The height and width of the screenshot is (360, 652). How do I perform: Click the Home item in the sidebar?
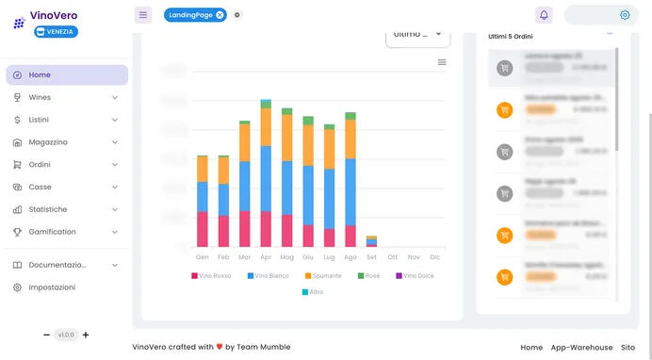[40, 74]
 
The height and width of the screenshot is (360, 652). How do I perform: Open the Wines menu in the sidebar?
[40, 97]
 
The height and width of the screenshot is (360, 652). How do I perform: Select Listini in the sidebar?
[39, 120]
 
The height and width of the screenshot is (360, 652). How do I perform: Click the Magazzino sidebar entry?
[47, 142]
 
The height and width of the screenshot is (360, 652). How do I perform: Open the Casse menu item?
[40, 187]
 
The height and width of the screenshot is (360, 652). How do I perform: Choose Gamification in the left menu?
[52, 232]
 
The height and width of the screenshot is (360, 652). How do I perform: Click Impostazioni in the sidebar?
[52, 287]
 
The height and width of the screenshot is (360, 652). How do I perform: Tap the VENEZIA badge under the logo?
[56, 31]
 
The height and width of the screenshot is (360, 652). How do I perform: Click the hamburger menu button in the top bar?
[142, 15]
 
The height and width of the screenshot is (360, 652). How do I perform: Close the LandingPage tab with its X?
[220, 15]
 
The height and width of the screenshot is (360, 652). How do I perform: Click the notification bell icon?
[544, 15]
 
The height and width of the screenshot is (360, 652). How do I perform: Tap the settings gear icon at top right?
[625, 15]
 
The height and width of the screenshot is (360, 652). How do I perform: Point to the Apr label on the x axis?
[266, 256]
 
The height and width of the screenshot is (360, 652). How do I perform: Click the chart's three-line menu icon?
[442, 62]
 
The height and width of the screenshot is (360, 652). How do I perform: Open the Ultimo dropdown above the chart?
[417, 34]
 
